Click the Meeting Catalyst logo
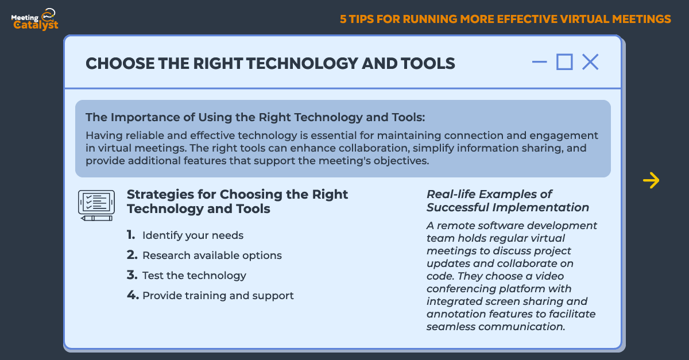(x=34, y=20)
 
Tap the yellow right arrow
(x=651, y=180)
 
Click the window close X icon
(x=590, y=62)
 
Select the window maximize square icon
(x=564, y=62)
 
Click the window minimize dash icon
(x=540, y=62)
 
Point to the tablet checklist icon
(x=96, y=205)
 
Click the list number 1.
(x=131, y=235)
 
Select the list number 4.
(x=133, y=295)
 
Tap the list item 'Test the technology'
(x=194, y=276)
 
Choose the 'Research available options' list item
(x=212, y=256)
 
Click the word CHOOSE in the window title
(x=120, y=63)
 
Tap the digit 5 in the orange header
(x=343, y=19)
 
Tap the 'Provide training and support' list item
(x=218, y=296)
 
